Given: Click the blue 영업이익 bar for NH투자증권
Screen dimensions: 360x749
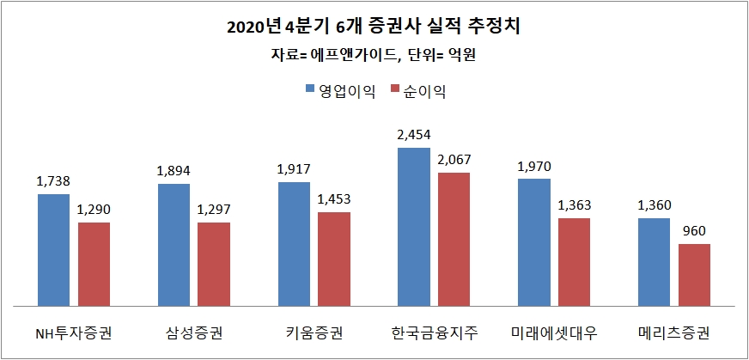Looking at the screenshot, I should coord(53,249).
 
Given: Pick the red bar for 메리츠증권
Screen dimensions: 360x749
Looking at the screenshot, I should coord(694,274).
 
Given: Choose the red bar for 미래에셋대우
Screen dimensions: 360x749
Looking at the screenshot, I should coord(574,261).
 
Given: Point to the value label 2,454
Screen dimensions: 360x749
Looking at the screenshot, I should coord(414,135).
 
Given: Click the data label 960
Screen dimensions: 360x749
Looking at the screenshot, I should coord(694,231).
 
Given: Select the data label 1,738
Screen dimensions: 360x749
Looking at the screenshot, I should coord(53,181).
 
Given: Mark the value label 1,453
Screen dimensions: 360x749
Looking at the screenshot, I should coord(334,199).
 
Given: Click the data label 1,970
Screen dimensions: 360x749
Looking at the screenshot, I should coord(533,166).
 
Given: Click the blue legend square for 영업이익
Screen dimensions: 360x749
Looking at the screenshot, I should coord(310,89).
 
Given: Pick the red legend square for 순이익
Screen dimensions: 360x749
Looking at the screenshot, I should coord(396,89).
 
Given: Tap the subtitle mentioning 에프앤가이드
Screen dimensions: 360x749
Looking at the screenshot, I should coord(374,57).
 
